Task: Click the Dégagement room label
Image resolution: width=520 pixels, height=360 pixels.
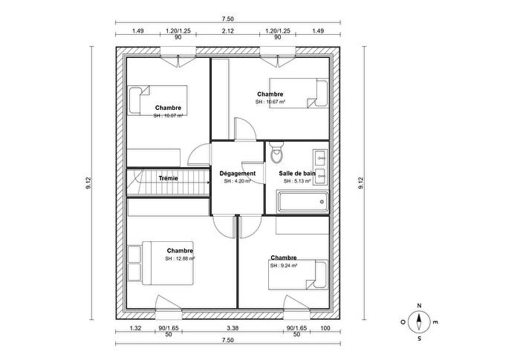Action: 238,174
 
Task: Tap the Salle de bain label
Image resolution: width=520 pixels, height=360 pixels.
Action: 297,174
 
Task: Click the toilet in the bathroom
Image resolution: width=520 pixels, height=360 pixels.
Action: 276,154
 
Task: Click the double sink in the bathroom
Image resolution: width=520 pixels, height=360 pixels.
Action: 321,157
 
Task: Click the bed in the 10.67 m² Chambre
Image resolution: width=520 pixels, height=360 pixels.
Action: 298,93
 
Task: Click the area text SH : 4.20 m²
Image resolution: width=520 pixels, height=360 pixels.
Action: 238,181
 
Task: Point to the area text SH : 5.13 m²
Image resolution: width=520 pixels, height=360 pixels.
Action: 297,181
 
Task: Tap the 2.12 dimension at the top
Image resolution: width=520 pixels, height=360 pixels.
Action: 227,31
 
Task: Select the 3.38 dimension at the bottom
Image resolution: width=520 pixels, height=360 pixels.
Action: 233,327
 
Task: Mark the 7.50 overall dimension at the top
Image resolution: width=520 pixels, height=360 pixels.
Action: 227,19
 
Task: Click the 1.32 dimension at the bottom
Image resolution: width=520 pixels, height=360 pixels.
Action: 135,327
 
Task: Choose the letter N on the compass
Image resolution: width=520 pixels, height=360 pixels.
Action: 420,306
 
